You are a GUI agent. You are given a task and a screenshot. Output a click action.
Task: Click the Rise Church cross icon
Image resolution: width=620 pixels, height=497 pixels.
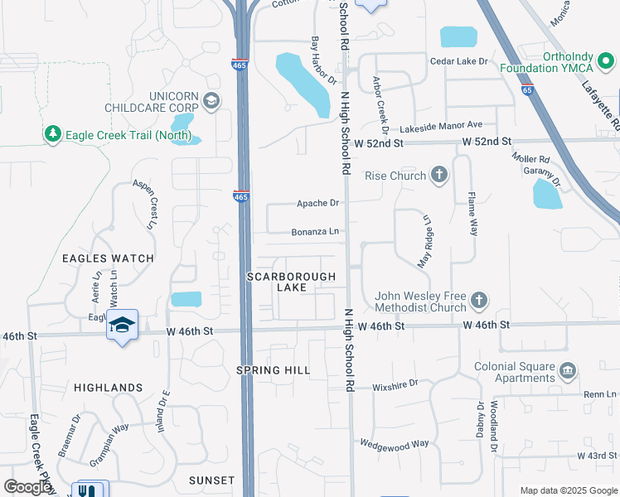[x=439, y=175]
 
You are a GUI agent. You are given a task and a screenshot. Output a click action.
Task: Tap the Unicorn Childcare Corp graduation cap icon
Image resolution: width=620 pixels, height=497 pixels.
[x=211, y=102]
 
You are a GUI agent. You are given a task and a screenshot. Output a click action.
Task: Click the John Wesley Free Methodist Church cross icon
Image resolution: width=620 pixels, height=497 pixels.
[x=478, y=300]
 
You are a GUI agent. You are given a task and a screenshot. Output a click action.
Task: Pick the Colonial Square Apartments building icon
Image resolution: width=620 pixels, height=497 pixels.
[x=568, y=369]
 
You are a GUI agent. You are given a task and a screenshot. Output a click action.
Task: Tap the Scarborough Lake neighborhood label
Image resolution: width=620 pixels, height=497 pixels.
[x=292, y=282]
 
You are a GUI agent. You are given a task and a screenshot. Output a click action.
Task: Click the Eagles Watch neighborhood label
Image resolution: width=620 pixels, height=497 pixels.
[x=108, y=258]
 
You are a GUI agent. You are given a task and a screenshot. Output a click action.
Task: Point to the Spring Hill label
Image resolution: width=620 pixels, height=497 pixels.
[x=274, y=370]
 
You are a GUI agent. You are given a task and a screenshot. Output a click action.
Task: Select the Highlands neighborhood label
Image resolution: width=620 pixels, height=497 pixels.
[x=109, y=387]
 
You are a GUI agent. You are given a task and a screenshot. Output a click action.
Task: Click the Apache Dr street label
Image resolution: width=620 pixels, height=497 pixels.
[x=319, y=203]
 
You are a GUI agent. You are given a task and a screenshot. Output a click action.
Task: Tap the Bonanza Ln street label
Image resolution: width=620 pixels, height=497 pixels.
[x=316, y=232]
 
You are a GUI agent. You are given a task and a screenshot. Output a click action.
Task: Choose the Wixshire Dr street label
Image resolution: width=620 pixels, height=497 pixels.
[x=395, y=384]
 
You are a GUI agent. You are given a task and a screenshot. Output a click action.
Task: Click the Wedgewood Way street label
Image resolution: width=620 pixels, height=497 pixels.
[x=395, y=443]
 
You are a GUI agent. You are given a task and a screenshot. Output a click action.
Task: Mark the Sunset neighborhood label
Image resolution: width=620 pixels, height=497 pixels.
[x=211, y=480]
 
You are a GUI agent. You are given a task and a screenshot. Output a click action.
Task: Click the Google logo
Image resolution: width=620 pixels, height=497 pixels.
[x=28, y=487]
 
